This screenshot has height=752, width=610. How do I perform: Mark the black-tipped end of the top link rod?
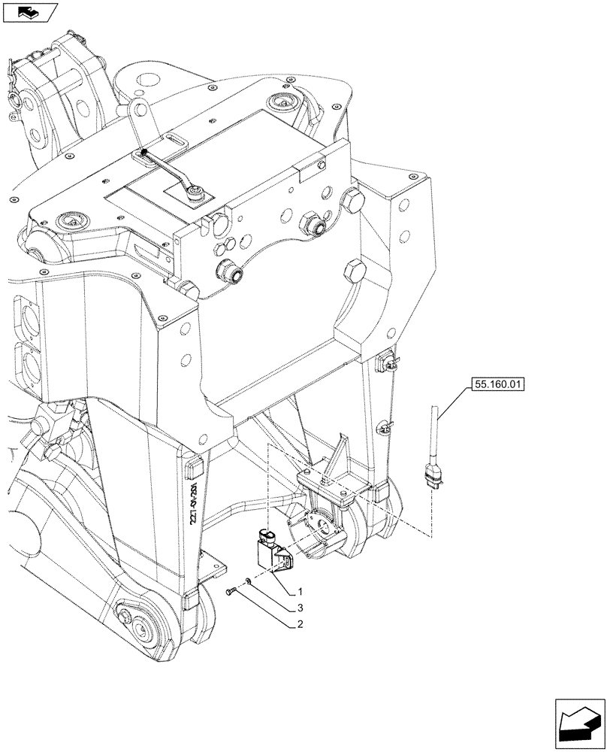pyautogui.click(x=143, y=153)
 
